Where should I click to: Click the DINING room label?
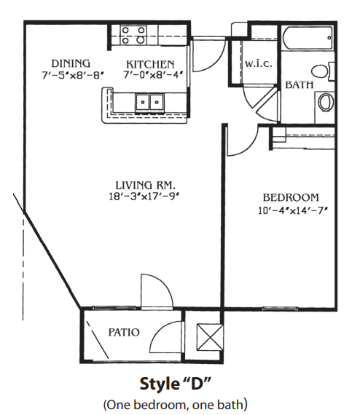point(71,64)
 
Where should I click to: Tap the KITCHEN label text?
point(150,65)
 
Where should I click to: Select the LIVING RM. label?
point(144,185)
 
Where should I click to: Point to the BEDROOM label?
point(291,197)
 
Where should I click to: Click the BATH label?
point(299,85)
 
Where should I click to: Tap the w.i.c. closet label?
point(258,64)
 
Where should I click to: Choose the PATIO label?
point(124,332)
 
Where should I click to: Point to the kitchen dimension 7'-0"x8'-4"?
point(153,75)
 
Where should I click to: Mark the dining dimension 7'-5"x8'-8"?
point(72,76)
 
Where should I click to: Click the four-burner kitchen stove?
point(133,35)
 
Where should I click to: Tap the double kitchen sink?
point(150,103)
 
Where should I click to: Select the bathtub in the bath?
point(308,38)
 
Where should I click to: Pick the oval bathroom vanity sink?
point(326,102)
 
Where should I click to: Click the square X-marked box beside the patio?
point(210,338)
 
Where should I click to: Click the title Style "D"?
point(175,384)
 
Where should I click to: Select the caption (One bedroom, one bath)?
point(175,405)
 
